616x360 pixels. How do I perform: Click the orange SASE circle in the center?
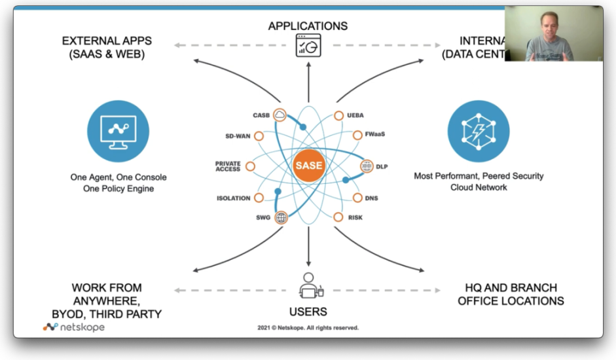pyautogui.click(x=308, y=165)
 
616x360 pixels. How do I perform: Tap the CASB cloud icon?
pyautogui.click(x=280, y=116)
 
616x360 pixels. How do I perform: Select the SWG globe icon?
pyautogui.click(x=281, y=217)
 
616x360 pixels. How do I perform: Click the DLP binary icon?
pyautogui.click(x=367, y=166)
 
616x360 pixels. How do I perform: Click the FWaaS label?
pyautogui.click(x=375, y=134)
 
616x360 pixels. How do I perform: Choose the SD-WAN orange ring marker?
pyautogui.click(x=259, y=136)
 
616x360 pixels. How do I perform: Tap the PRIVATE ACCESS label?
pyautogui.click(x=228, y=166)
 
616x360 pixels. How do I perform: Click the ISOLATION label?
pyautogui.click(x=233, y=198)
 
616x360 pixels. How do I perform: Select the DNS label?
pyautogui.click(x=372, y=198)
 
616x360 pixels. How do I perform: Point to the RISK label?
pyautogui.click(x=355, y=217)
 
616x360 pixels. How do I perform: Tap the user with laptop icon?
pyautogui.click(x=310, y=285)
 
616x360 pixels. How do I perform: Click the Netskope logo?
pyautogui.click(x=73, y=327)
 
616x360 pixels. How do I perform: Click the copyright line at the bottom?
pyautogui.click(x=308, y=328)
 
